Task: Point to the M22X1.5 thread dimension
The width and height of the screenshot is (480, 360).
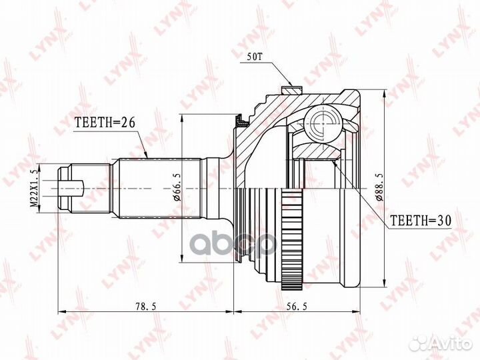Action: [33, 189]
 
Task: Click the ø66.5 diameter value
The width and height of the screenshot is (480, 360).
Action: [175, 189]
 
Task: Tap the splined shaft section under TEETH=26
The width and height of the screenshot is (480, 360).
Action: [160, 189]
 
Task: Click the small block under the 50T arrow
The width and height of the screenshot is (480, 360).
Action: [289, 89]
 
